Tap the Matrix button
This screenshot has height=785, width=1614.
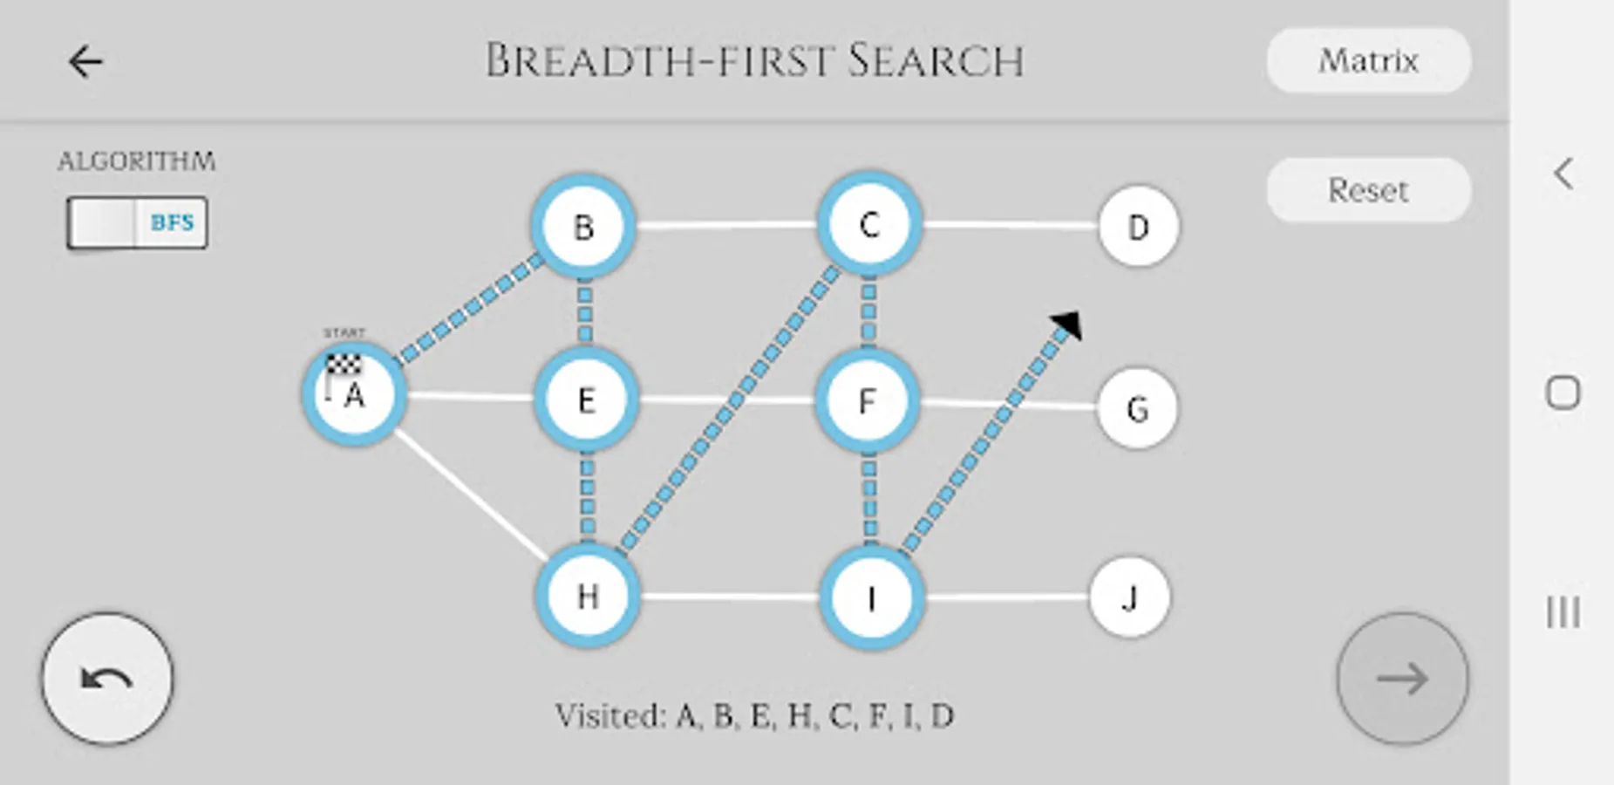pos(1368,61)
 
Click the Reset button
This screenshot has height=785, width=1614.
pos(1368,190)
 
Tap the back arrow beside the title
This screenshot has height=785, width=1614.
pos(85,62)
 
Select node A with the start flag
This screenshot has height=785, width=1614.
pos(354,395)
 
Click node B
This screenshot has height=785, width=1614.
pos(584,227)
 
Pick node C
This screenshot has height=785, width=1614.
pos(868,225)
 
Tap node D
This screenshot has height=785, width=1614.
pos(1138,227)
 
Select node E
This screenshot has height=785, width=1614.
pos(586,400)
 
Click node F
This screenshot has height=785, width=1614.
pos(867,401)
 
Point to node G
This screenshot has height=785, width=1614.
pos(1137,408)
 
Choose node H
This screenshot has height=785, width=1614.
pos(588,597)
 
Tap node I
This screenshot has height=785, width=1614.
pos(871,598)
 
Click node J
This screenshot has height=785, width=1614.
pos(1130,598)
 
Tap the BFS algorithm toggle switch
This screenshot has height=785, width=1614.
pos(137,222)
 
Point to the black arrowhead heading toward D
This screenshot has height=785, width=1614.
pos(1067,324)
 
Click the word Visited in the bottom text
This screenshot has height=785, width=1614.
pos(610,716)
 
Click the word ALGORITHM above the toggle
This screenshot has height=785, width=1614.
pos(137,161)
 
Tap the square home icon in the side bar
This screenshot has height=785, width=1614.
pos(1563,392)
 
